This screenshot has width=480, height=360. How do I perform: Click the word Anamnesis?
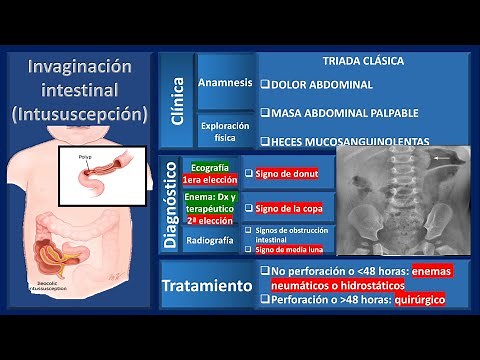coord(224,82)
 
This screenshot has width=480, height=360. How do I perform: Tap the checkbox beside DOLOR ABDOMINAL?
coord(263,84)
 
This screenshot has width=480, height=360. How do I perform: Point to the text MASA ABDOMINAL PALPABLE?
coord(338,113)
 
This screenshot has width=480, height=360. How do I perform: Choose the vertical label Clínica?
coord(178,99)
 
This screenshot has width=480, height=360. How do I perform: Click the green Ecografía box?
coord(205,172)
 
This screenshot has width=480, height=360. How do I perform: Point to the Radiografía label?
coord(210,240)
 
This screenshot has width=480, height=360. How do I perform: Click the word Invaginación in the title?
coord(80,67)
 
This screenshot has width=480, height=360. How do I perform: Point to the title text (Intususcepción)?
coord(80,113)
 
